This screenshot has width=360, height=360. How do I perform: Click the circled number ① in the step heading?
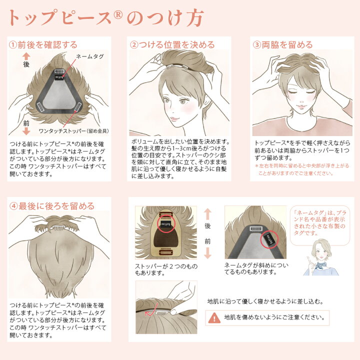[13, 45]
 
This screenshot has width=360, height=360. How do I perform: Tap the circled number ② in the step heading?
[134, 45]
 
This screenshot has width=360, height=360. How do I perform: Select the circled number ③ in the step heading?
[257, 45]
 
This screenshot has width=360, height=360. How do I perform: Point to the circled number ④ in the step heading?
[13, 206]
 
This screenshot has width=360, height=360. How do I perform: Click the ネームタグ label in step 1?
[90, 56]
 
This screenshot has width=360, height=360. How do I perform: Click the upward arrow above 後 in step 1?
[26, 56]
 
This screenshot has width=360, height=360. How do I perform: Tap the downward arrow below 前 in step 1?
[26, 131]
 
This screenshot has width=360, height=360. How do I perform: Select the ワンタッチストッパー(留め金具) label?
[73, 131]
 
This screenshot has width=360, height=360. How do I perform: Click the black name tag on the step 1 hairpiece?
[59, 78]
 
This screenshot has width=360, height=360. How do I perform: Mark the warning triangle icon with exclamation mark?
[214, 318]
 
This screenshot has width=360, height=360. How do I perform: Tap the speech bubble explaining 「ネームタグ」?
[320, 225]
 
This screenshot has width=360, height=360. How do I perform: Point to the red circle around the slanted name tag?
[269, 239]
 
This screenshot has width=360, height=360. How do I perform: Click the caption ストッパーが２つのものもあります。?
[166, 269]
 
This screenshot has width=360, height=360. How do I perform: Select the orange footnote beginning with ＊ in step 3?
[301, 169]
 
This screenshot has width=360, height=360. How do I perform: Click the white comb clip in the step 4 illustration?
[60, 227]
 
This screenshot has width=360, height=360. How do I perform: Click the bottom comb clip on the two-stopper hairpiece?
[166, 252]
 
